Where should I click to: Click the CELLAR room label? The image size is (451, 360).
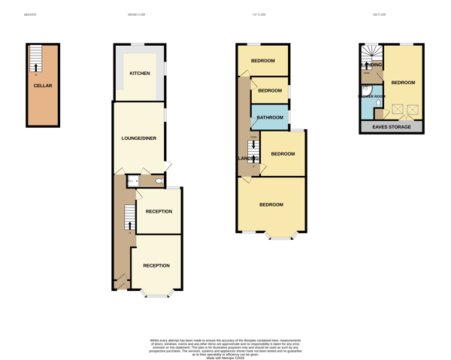tap(43, 86)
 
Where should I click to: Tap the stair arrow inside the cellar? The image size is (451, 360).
tap(35, 67)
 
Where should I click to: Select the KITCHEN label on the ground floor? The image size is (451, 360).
tap(140, 74)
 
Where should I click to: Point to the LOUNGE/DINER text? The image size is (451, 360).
tap(139, 138)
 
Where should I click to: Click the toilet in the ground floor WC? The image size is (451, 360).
tap(159, 181)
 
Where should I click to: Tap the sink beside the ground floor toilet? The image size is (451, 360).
tap(131, 181)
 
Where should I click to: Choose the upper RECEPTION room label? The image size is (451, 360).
tap(159, 211)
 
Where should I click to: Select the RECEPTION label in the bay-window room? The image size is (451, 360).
tap(156, 265)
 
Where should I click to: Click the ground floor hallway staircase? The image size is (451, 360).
tap(130, 218)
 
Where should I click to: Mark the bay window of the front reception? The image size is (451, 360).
tap(157, 295)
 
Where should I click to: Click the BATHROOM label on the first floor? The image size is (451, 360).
tap(270, 117)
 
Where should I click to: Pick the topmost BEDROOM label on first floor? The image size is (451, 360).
tap(263, 61)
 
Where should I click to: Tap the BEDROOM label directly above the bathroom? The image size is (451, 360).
tap(270, 91)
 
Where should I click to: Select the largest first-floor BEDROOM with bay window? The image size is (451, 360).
tap(271, 204)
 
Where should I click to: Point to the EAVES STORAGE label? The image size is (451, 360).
tap(392, 127)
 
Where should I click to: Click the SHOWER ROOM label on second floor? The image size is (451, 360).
tap(371, 97)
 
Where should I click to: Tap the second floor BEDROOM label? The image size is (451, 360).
tap(403, 83)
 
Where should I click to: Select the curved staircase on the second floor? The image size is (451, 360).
tap(371, 54)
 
